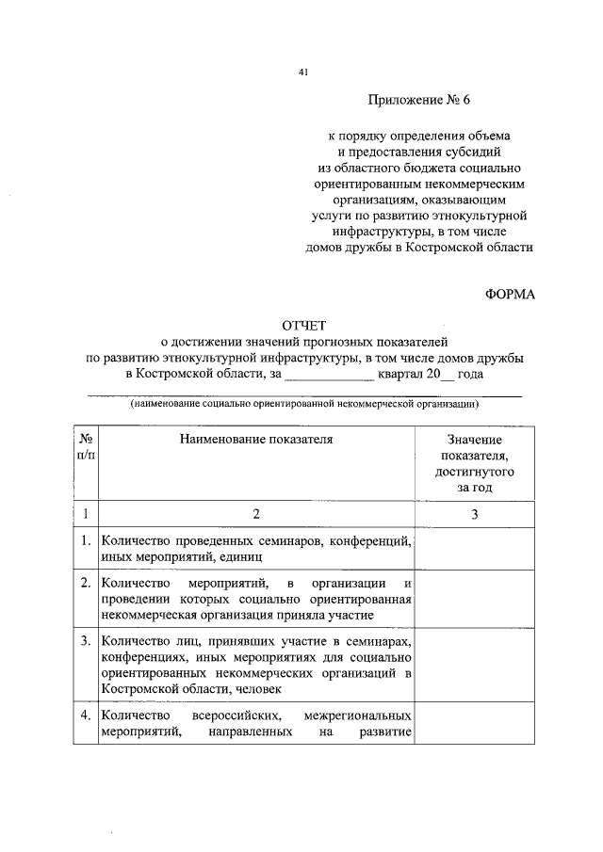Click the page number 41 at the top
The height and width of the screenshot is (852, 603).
click(302, 72)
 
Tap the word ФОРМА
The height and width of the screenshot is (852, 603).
click(510, 295)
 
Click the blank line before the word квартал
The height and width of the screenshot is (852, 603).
click(329, 375)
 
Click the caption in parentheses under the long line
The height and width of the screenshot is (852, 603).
click(303, 405)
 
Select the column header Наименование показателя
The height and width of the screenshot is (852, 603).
click(254, 439)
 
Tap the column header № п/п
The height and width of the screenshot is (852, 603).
click(85, 446)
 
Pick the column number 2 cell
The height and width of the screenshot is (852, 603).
click(254, 514)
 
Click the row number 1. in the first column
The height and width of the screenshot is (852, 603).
click(85, 541)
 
